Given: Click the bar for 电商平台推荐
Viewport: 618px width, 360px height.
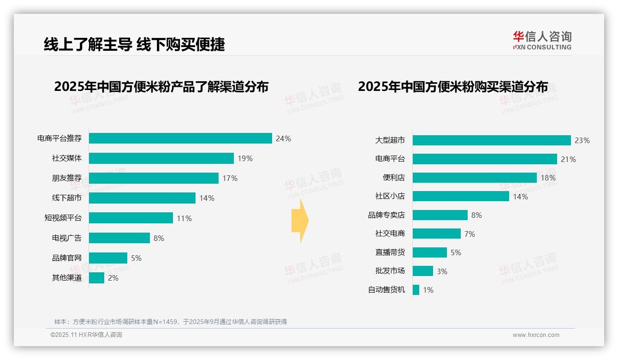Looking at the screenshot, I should click(x=180, y=138).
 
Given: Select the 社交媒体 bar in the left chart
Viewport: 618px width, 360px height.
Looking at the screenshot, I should click(x=161, y=158).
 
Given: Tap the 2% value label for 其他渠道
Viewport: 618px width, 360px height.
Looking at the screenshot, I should click(x=113, y=278).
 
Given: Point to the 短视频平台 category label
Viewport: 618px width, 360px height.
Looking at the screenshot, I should click(x=63, y=218).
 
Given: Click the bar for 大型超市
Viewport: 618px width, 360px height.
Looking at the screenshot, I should click(x=492, y=140).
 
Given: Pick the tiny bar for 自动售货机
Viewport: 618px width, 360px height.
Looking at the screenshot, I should click(x=416, y=290).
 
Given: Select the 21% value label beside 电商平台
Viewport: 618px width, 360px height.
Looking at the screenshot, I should click(x=569, y=159).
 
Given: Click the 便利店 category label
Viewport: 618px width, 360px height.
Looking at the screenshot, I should click(x=394, y=178).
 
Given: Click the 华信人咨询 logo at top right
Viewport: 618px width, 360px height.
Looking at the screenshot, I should click(x=542, y=40).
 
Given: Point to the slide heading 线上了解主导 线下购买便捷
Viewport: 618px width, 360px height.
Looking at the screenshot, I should click(x=134, y=44).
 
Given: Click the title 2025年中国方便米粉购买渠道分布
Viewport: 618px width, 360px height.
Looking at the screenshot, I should click(x=453, y=87).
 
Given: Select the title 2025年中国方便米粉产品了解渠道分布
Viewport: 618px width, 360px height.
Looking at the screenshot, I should click(x=161, y=87).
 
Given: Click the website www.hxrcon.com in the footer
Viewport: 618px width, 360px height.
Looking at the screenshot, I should click(x=536, y=335).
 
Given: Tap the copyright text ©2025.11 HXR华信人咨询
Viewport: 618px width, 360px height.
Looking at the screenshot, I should click(x=86, y=335).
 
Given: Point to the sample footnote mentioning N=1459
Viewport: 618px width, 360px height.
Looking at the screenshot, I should click(x=171, y=322).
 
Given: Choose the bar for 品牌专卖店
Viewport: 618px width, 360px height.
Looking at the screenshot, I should click(x=440, y=215).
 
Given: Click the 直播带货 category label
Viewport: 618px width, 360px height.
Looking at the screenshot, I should click(x=390, y=252).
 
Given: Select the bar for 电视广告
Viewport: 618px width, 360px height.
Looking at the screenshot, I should click(x=119, y=238).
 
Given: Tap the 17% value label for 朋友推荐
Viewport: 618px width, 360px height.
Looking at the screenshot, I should click(x=230, y=178).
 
